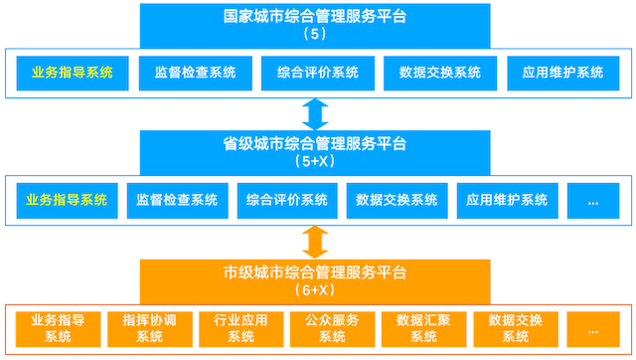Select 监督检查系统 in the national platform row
(195, 73)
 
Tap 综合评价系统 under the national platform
(316, 73)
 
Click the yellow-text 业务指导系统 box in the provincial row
(67, 200)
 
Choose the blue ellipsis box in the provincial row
(593, 200)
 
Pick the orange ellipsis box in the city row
(593, 328)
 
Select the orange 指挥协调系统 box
(149, 328)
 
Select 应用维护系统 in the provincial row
(507, 200)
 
